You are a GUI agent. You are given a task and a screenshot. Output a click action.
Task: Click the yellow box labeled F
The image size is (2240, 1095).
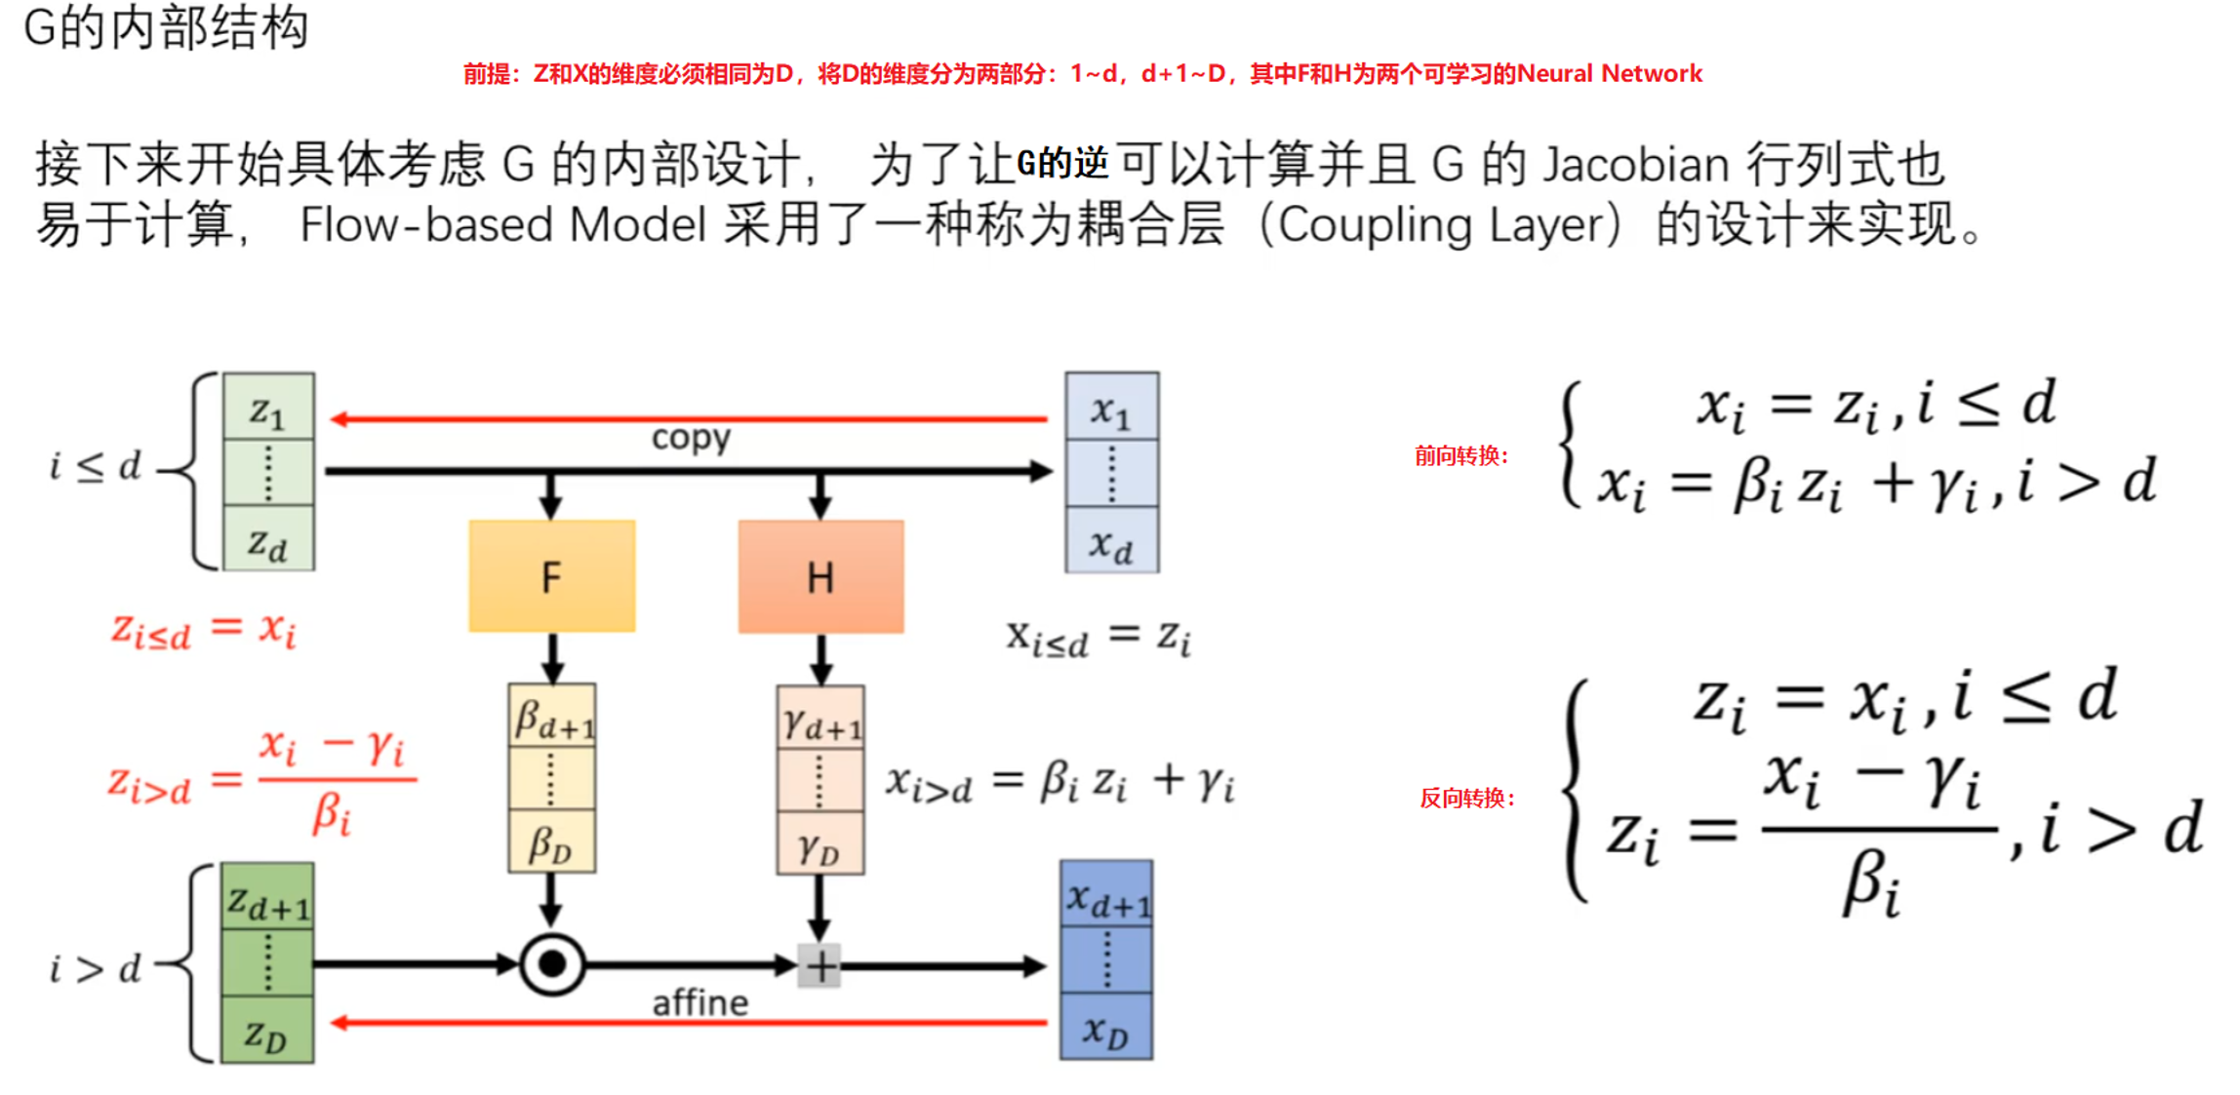[551, 576]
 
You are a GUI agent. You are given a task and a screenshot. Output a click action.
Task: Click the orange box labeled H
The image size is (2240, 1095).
[820, 576]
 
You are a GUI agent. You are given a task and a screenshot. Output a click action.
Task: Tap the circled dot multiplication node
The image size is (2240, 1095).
[552, 964]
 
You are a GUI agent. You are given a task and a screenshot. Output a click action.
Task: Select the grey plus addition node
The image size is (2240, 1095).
[820, 966]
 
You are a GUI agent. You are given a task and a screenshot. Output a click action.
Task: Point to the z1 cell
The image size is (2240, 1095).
[268, 409]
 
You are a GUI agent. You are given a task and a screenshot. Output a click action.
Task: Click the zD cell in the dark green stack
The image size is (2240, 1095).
[266, 1032]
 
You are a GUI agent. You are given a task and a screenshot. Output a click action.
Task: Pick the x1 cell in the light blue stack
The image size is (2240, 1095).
[1111, 409]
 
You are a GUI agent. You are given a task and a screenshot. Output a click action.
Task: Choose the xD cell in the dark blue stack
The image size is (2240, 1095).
[1106, 1028]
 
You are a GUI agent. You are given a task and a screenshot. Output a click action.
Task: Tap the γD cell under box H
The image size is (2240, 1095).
[820, 845]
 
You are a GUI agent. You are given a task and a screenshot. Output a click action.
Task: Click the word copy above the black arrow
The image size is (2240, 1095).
[691, 438]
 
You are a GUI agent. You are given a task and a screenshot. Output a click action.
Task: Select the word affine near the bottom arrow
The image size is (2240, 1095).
[700, 1002]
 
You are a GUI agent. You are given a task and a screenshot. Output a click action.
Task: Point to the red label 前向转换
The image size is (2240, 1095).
[1460, 455]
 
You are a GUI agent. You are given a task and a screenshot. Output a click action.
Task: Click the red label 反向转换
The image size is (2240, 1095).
[1466, 799]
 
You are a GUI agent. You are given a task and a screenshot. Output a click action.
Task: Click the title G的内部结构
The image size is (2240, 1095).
[166, 27]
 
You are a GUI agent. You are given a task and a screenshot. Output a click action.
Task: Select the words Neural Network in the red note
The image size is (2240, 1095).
[1609, 74]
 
